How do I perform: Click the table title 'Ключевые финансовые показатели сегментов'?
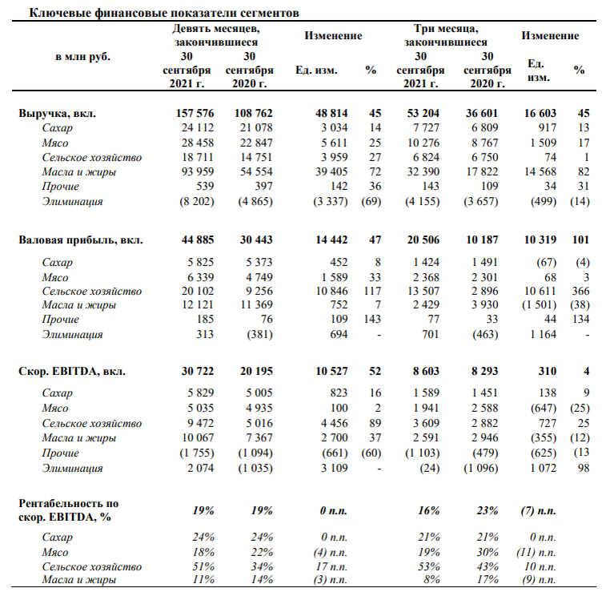point(164,13)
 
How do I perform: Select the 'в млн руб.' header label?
point(83,57)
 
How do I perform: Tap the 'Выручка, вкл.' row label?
point(57,113)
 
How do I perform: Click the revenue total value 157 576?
point(195,113)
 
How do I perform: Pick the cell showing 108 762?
point(253,113)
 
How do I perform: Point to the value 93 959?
point(198,171)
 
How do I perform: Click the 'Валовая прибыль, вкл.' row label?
point(81,240)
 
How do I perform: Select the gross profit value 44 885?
point(198,240)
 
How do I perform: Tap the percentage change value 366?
point(580,291)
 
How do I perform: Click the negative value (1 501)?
point(540,305)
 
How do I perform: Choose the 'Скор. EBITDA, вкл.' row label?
point(72,372)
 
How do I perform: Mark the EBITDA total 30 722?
point(198,372)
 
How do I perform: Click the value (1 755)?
point(197,453)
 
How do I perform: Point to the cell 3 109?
point(334,468)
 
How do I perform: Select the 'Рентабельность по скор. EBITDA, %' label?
point(69,510)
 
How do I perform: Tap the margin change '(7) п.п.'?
point(539,511)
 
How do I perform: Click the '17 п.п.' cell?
point(331,567)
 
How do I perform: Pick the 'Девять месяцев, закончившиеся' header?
point(216,35)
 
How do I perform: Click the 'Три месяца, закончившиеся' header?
point(446,35)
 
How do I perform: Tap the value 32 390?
point(423,171)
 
